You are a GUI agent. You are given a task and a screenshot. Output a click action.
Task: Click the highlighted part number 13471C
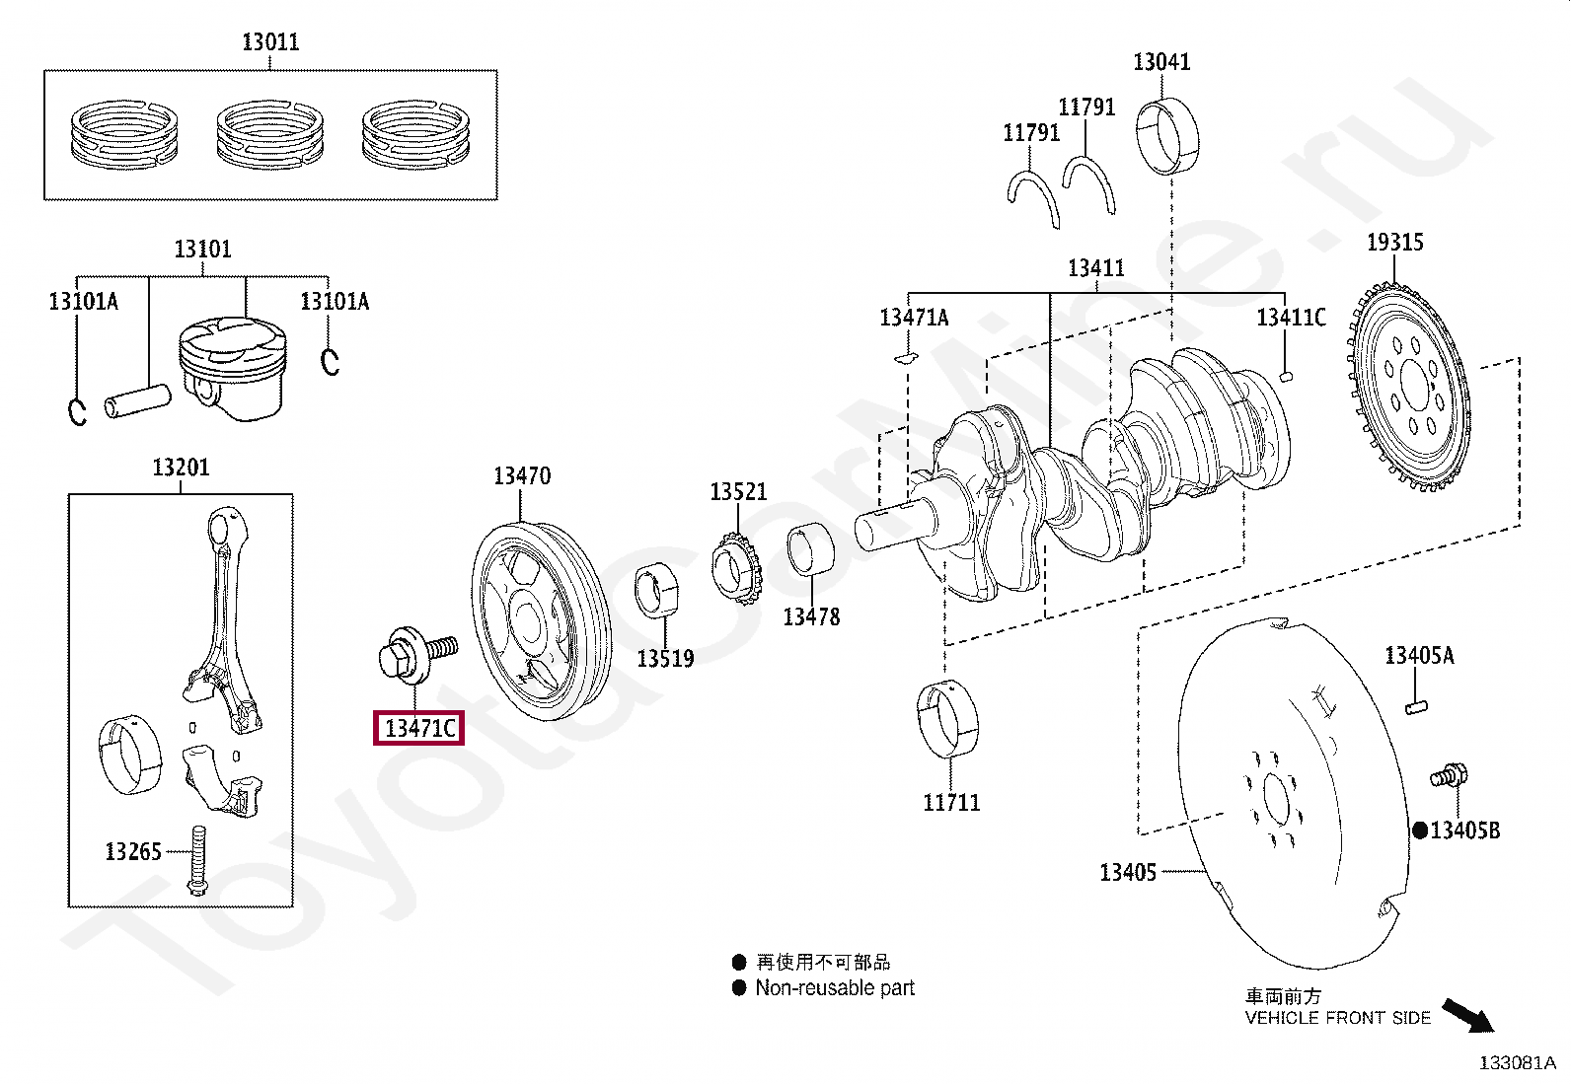pos(419,728)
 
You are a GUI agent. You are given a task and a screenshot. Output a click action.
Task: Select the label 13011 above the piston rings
pos(270,41)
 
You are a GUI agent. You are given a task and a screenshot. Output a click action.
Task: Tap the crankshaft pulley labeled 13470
pos(541,624)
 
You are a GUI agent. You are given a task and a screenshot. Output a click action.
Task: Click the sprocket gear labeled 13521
pos(736,569)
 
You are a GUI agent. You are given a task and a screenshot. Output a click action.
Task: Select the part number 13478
pos(811,616)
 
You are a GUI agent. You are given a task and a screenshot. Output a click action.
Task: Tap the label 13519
pos(665,658)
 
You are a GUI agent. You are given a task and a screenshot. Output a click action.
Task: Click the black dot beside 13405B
pos(1419,831)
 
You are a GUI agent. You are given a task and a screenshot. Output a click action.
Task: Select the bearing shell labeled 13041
pos(1171,136)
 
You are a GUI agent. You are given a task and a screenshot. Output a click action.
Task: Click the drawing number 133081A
pos(1517,1062)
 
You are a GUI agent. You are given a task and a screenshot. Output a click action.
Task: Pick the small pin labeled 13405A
pos(1417,705)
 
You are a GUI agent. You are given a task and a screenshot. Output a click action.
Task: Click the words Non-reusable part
pos(835,987)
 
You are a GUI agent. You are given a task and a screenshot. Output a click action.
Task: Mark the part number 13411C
pos(1291,317)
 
